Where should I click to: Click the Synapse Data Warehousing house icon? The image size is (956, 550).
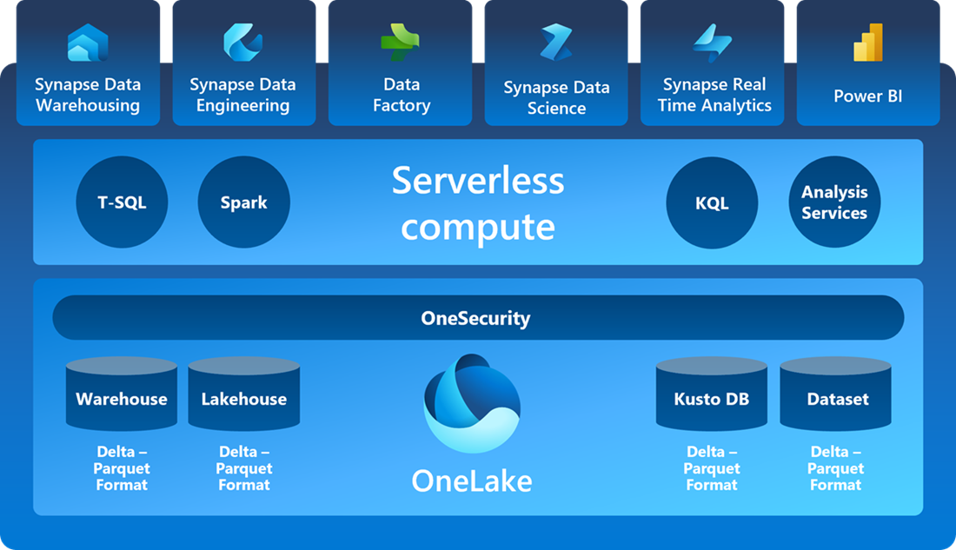pos(88,43)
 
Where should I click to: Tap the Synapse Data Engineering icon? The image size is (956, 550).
pos(242,42)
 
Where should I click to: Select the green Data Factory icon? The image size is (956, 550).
pos(400,42)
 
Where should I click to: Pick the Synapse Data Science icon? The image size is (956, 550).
pos(556,42)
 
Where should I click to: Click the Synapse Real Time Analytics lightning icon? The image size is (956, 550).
pos(712,43)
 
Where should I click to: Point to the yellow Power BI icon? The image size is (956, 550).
pos(868,43)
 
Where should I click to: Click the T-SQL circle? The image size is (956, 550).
pos(122,202)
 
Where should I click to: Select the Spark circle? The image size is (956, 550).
pos(244,202)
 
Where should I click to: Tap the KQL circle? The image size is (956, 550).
pos(712,202)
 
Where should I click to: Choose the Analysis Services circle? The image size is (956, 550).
pos(834,202)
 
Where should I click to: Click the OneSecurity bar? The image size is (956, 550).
pos(478,318)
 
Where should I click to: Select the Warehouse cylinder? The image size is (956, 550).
pos(122,394)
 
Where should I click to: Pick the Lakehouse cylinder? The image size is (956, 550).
pos(244,394)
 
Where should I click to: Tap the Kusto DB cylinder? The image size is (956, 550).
pos(712,394)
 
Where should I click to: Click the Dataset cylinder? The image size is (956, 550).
pos(836,394)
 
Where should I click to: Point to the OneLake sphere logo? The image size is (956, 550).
pos(472,404)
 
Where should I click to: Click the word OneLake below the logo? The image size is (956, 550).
pos(472,481)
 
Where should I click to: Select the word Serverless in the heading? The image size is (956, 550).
pos(478,181)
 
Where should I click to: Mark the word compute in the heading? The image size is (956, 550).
pos(478,228)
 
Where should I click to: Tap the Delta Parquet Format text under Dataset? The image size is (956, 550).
pos(836,468)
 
